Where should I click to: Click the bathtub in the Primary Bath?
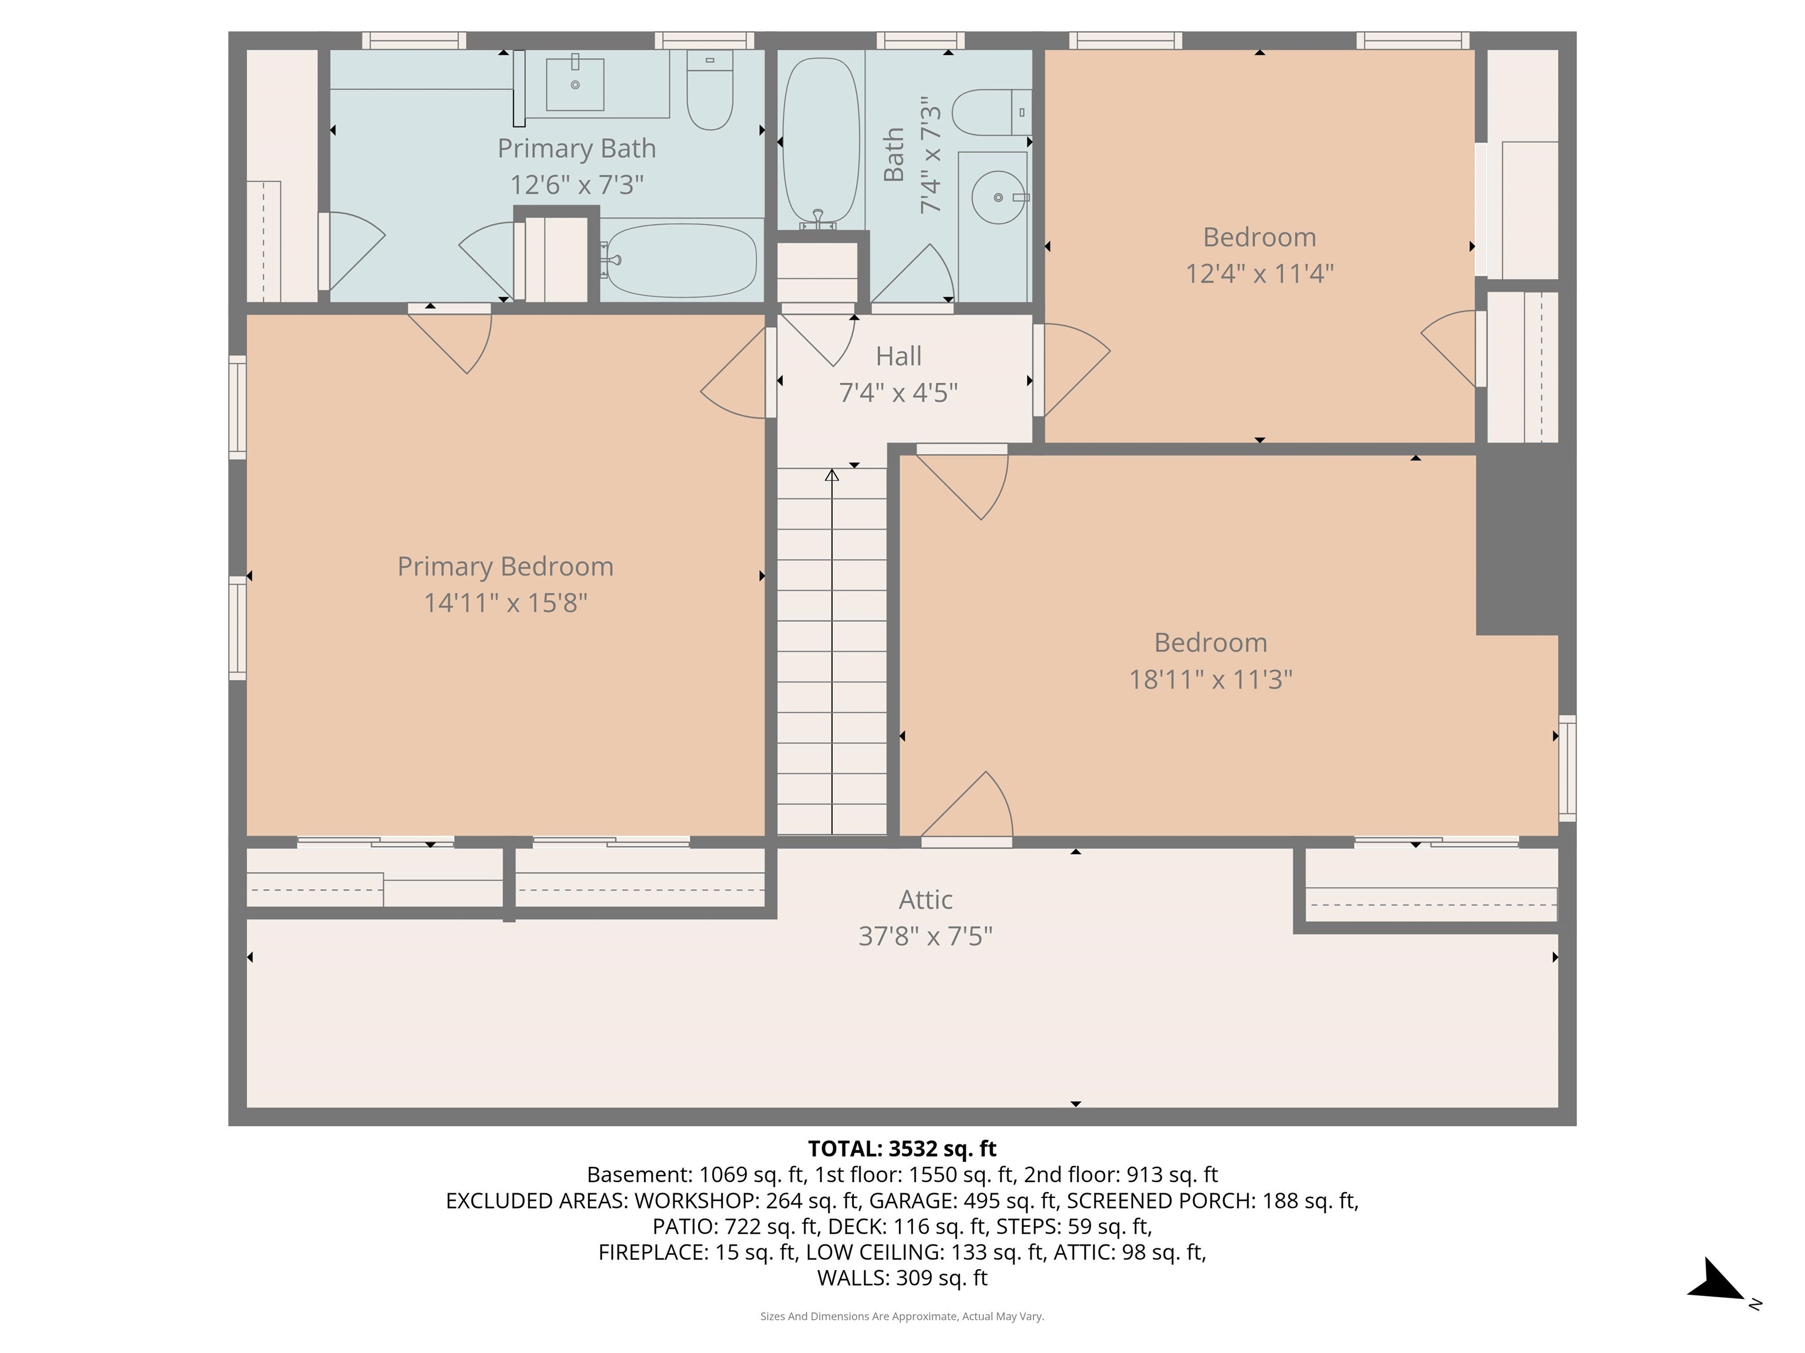682,260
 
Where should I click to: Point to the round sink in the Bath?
997,197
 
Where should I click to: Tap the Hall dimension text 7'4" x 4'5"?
898,392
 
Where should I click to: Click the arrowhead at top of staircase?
831,474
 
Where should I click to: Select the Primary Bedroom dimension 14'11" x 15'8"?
505,603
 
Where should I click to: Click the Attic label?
925,900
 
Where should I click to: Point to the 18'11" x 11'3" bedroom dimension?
1210,679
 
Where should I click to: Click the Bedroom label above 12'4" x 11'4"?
1259,237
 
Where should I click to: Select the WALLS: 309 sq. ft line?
902,1277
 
